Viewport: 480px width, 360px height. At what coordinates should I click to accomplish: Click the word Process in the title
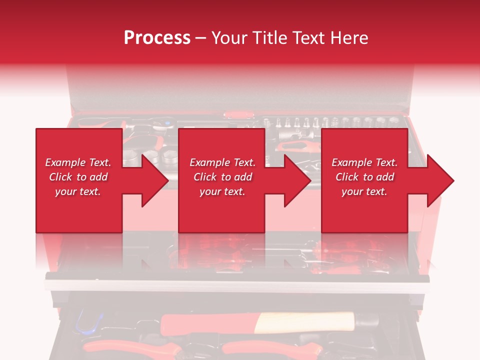tap(157, 37)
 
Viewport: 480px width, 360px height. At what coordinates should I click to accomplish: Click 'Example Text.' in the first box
tap(78, 162)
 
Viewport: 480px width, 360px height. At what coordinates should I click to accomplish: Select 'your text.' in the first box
tap(78, 191)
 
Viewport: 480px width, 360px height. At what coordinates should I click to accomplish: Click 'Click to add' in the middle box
tap(222, 177)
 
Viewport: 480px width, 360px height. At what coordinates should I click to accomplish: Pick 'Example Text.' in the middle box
tap(222, 162)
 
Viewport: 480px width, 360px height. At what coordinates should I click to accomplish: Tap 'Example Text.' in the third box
tap(364, 162)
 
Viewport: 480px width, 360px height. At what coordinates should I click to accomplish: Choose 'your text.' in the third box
tap(364, 191)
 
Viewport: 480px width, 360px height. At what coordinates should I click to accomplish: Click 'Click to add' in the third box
tap(364, 177)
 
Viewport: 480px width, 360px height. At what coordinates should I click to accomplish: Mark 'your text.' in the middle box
tap(222, 191)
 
